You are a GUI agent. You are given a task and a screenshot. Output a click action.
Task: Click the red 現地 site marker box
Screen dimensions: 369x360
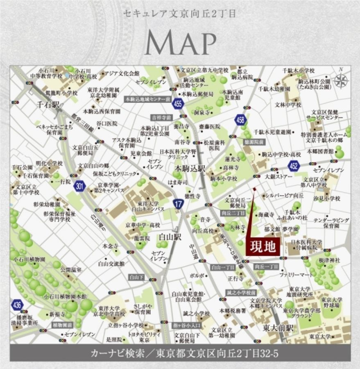point(263,246)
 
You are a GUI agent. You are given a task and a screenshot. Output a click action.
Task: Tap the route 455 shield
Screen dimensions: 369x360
point(178,104)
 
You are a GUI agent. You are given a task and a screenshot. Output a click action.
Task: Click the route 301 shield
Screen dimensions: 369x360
point(79,187)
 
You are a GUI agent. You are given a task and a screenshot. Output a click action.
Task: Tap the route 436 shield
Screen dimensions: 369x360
point(17,305)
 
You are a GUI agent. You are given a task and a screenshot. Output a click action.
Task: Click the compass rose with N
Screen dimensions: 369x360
point(341,80)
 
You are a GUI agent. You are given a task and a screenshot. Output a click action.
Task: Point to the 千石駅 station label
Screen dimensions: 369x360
point(48,105)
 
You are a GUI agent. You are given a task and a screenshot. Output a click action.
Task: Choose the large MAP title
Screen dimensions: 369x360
point(181,42)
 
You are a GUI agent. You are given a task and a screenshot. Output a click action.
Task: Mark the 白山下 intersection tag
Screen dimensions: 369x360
point(135,277)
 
